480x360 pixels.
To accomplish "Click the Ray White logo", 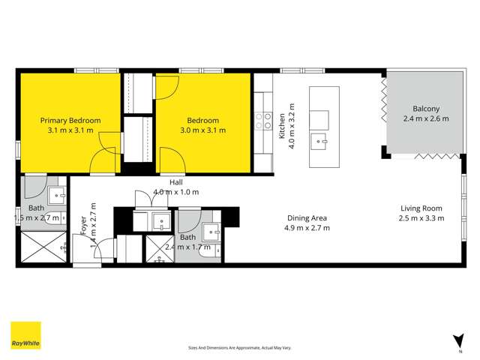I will pyautogui.click(x=25, y=336).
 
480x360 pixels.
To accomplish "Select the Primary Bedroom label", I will pyautogui.click(x=70, y=120).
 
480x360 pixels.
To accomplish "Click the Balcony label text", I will pyautogui.click(x=425, y=108).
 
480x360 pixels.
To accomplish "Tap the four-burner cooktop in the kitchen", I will pyautogui.click(x=263, y=121).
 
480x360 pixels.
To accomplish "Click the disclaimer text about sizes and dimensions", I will pyautogui.click(x=239, y=348).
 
